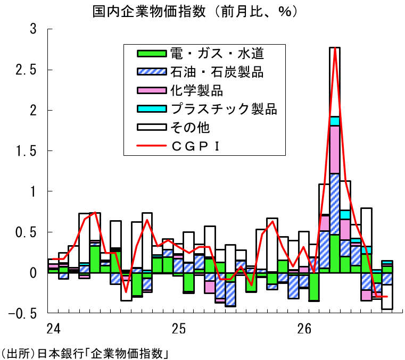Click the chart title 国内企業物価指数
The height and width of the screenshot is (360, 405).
click(x=150, y=11)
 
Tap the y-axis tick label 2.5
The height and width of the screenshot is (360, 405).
click(x=26, y=70)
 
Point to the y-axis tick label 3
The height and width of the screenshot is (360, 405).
click(x=33, y=29)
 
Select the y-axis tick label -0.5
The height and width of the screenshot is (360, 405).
click(x=22, y=314)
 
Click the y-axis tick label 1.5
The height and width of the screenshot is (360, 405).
click(x=26, y=151)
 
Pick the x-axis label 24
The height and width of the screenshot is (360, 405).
click(x=53, y=329)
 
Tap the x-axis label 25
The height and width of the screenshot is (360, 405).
click(x=179, y=329)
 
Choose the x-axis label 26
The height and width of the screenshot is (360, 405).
click(x=304, y=329)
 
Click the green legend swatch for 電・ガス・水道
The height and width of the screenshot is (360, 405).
click(x=152, y=53)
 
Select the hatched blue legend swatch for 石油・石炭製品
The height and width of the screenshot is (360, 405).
click(x=152, y=71)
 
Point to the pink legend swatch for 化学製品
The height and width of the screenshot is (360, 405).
click(x=152, y=90)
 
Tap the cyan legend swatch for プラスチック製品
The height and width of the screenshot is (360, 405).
click(x=152, y=108)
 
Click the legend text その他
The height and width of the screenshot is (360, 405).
click(x=190, y=128)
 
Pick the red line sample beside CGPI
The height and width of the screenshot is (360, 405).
click(x=152, y=146)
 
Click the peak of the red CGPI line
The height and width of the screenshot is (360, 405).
click(x=335, y=48)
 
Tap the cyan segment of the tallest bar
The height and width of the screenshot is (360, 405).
click(x=335, y=121)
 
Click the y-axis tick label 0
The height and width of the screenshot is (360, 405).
click(x=33, y=273)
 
